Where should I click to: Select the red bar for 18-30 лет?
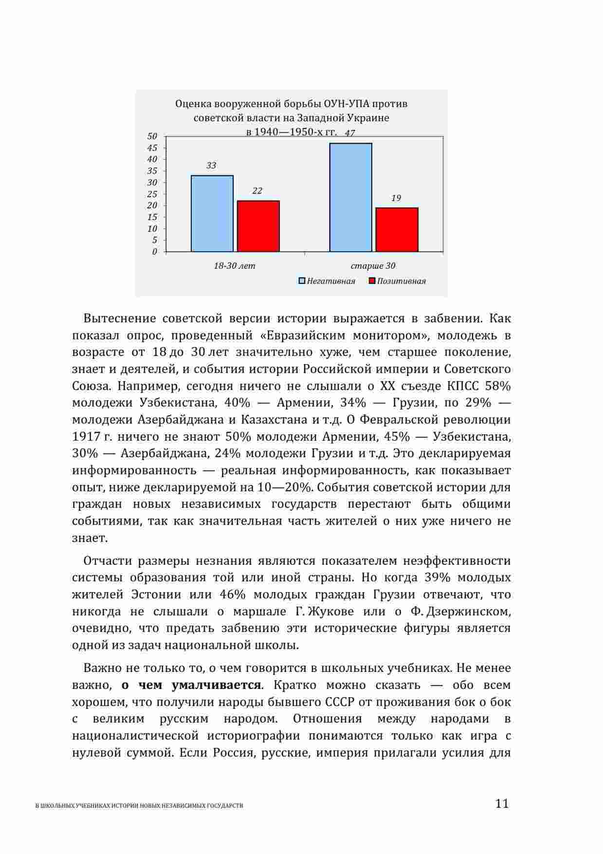click(258, 226)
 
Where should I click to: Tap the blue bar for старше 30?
click(350, 197)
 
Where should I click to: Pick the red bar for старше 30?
click(397, 229)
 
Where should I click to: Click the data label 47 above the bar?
click(349, 133)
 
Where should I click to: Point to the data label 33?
click(211, 166)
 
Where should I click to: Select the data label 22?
click(257, 191)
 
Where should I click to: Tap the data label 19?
click(396, 198)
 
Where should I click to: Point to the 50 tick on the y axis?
click(152, 136)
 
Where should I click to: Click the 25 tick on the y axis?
click(152, 194)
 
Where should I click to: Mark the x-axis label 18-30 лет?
click(235, 266)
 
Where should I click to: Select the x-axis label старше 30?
click(373, 266)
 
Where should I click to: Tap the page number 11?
click(502, 803)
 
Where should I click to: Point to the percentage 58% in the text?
click(498, 386)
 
